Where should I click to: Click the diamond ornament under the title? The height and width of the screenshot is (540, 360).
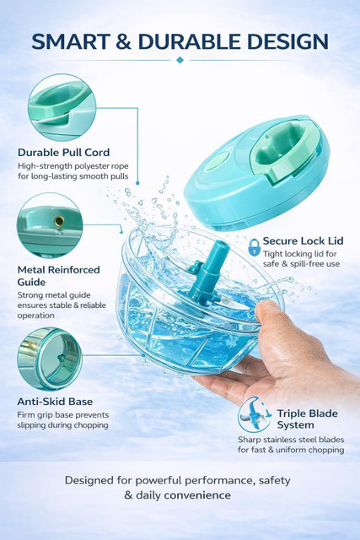tap(180, 60)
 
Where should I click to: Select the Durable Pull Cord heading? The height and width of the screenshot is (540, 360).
tap(64, 152)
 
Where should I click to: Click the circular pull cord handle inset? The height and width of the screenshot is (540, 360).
tap(62, 107)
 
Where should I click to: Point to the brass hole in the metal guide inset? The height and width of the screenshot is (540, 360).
tap(59, 221)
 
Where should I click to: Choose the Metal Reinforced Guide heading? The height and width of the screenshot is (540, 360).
tap(58, 276)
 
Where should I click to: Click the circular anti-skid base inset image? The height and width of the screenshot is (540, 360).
tap(50, 359)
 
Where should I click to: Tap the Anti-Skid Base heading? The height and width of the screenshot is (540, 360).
tap(55, 402)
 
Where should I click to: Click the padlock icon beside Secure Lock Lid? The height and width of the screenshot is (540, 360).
tap(255, 247)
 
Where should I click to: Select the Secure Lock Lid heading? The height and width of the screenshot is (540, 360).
tap(304, 240)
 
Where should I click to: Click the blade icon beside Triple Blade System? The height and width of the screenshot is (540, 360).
tap(255, 414)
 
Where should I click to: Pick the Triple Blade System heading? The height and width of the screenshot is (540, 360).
tap(308, 419)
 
